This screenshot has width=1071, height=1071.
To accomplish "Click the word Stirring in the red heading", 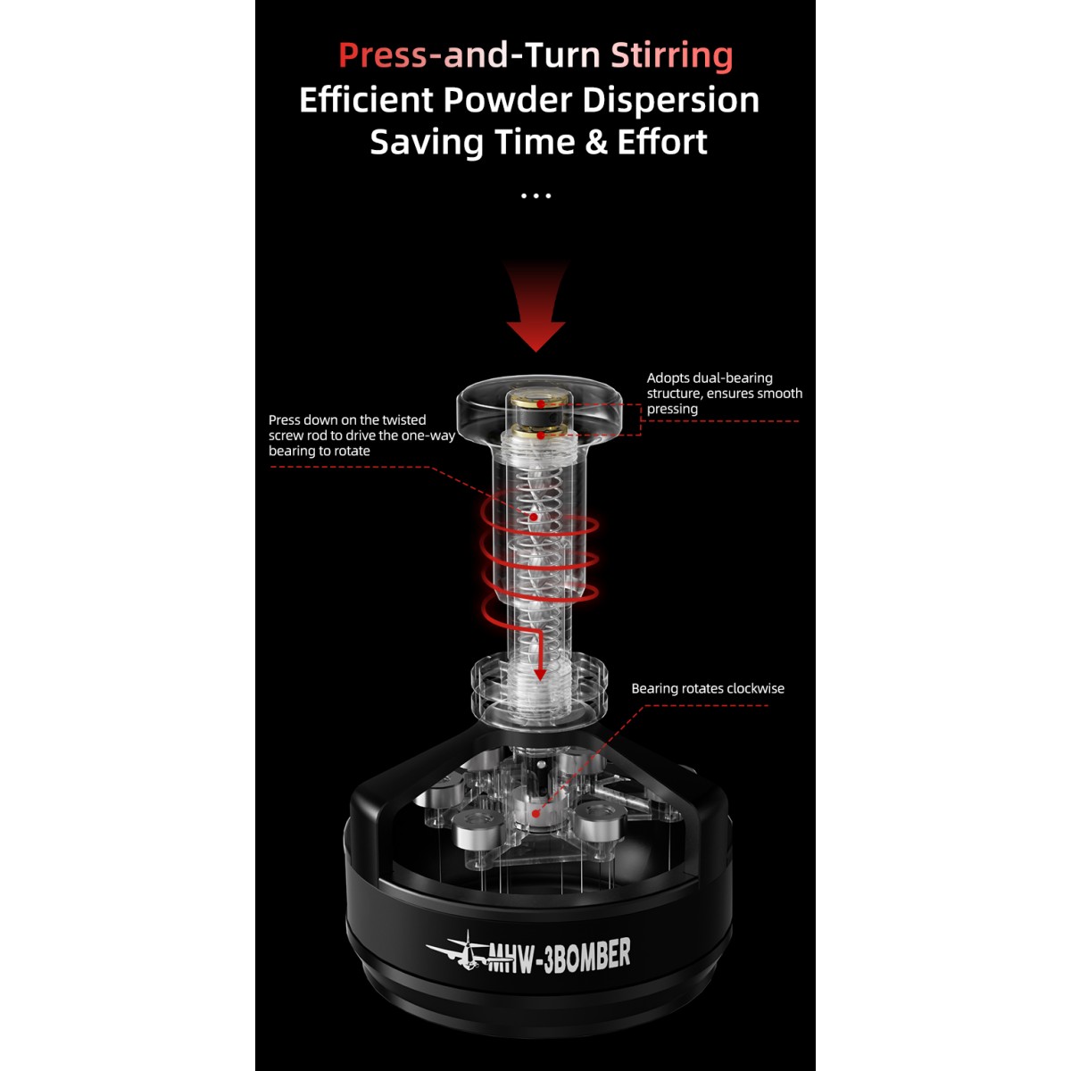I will tap(671, 55).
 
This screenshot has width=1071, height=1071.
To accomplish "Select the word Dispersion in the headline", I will tap(670, 99).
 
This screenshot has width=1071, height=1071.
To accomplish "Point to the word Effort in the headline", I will tap(662, 142).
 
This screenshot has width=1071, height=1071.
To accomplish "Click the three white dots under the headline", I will tap(535, 195).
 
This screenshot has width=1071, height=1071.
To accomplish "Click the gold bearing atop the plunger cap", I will tap(541, 403).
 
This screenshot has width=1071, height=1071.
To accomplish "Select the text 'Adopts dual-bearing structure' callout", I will tap(724, 393).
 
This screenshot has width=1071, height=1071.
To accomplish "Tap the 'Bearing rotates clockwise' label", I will tap(708, 688).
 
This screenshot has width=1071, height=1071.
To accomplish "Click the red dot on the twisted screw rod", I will tap(534, 516).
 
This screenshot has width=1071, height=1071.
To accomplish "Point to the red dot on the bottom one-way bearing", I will tap(535, 812).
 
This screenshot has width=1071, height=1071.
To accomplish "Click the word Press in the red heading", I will tap(383, 55).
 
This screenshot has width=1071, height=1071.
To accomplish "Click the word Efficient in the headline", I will tap(366, 99).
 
